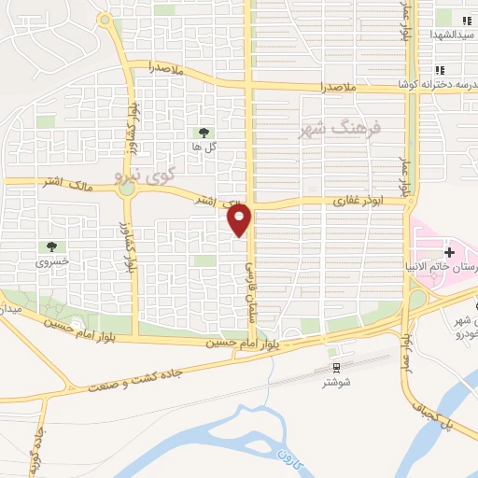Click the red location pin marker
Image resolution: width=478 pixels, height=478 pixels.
pos(241,220)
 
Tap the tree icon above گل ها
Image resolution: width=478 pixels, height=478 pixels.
pos(204,132)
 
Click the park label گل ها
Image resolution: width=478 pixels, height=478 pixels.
pos(204,148)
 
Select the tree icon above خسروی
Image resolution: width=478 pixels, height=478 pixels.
pos(51,246)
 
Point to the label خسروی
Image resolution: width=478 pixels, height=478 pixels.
pos(52,262)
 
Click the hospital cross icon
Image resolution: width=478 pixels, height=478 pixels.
pos(450,251)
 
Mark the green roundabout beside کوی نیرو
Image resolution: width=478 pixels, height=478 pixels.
pos(126,189)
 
